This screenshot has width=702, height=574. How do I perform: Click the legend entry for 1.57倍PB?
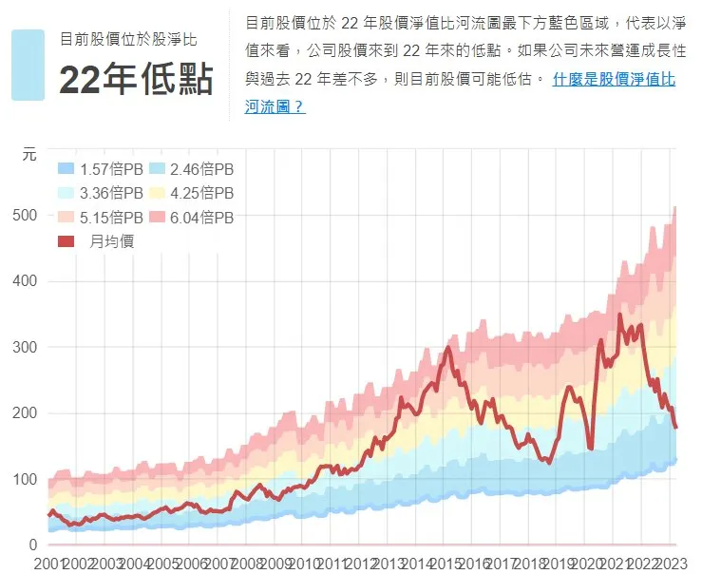(x=101, y=169)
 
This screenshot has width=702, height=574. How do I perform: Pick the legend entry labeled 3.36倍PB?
(x=101, y=193)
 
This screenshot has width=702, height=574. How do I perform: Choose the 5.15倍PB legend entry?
(x=101, y=218)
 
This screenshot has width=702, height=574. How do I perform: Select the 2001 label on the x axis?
(x=49, y=564)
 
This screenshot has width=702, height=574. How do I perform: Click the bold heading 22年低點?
(x=137, y=79)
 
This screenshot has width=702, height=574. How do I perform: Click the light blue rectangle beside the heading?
(x=28, y=65)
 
